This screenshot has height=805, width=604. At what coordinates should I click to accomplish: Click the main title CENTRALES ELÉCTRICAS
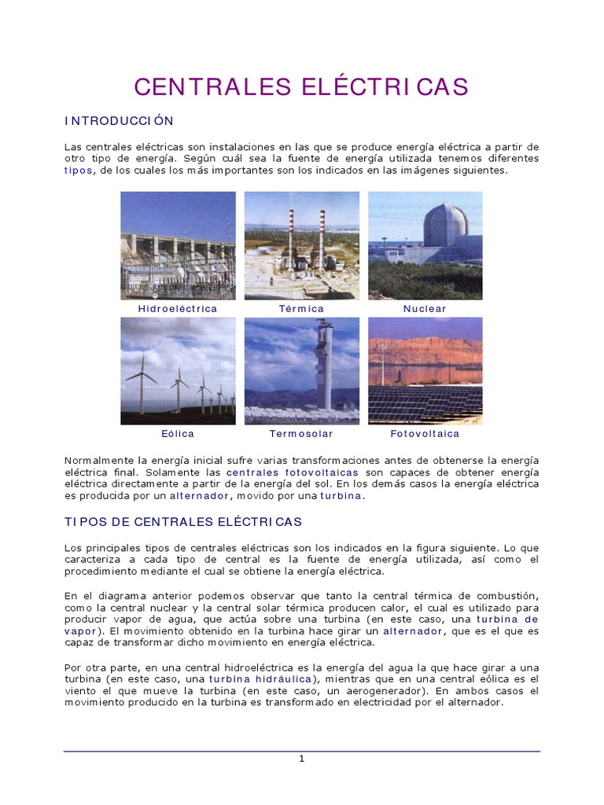pyautogui.click(x=301, y=86)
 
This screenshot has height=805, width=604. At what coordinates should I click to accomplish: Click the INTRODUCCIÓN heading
pyautogui.click(x=119, y=121)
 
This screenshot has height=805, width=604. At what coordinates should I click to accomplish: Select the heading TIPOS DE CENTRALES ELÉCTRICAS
pyautogui.click(x=183, y=521)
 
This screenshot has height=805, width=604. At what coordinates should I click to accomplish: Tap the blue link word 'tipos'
pyautogui.click(x=78, y=170)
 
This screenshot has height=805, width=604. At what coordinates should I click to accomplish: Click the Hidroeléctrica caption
pyautogui.click(x=178, y=309)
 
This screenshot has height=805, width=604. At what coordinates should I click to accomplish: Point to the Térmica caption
pyautogui.click(x=301, y=309)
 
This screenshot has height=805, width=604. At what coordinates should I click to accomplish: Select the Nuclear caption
pyautogui.click(x=425, y=309)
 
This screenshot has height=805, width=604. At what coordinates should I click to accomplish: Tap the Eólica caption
pyautogui.click(x=178, y=433)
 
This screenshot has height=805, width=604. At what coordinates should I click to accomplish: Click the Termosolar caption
pyautogui.click(x=301, y=433)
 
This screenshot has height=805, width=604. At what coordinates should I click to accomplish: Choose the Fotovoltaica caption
pyautogui.click(x=425, y=433)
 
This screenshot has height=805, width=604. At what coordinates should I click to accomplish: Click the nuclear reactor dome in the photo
pyautogui.click(x=445, y=226)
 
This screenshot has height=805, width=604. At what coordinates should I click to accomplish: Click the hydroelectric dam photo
pyautogui.click(x=178, y=245)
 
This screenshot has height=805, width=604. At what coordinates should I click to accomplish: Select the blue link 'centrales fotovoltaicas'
pyautogui.click(x=293, y=472)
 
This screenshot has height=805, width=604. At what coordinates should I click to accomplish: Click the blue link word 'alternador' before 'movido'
pyautogui.click(x=201, y=496)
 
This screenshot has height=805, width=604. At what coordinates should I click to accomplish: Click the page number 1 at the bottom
pyautogui.click(x=301, y=759)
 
